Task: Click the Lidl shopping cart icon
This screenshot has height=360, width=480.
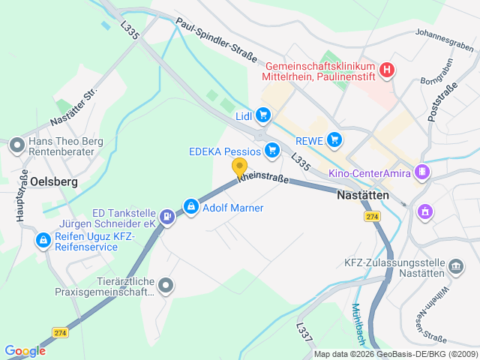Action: pos(262,115)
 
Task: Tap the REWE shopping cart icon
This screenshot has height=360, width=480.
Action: pos(334,139)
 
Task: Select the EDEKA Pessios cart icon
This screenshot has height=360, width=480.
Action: pos(271,151)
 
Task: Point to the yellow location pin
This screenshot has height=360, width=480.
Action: pos(239,167)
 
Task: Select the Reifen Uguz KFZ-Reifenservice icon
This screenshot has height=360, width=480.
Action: pos(44,241)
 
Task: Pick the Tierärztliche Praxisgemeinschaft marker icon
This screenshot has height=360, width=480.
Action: pos(166,286)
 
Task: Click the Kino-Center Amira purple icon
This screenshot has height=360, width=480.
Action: pos(422,174)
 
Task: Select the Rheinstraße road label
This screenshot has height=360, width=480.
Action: pos(262,180)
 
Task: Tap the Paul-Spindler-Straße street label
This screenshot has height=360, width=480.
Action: pos(217,40)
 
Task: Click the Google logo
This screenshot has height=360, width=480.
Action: pos(25,350)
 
